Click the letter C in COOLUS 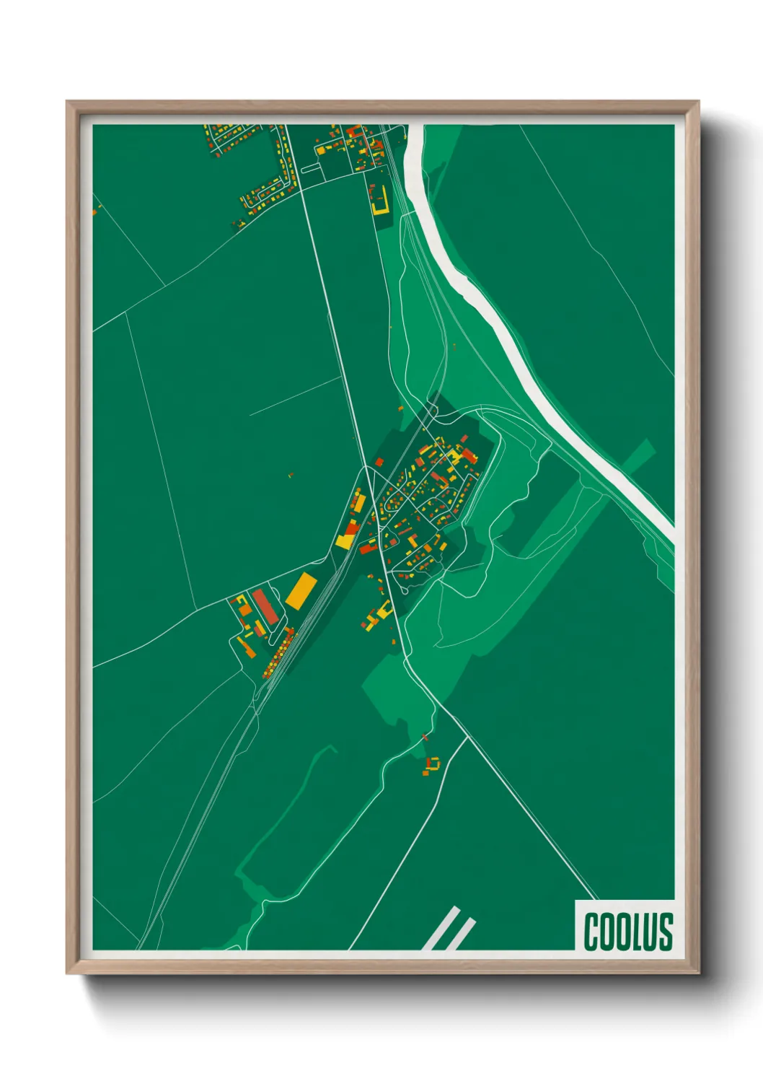pos(591,931)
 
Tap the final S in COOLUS pos(666,931)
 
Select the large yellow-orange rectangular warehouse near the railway pos(300,590)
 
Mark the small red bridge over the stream pos(425,737)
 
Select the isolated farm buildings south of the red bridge pos(432,765)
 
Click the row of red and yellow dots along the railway pos(278,654)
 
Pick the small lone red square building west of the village pos(379,462)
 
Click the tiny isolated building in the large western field pos(291,475)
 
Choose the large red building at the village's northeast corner pos(469,456)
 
